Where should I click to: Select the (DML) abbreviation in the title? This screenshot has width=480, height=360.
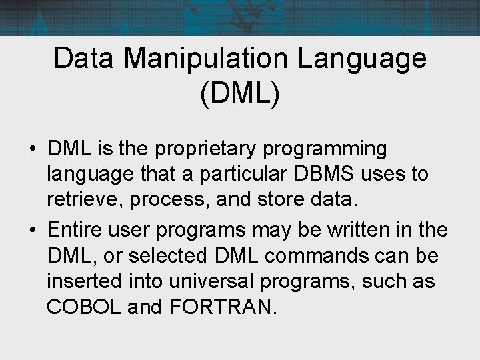tap(239, 93)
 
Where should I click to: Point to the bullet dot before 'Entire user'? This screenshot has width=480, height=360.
tap(33, 231)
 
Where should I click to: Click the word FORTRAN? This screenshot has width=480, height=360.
tap(228, 307)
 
